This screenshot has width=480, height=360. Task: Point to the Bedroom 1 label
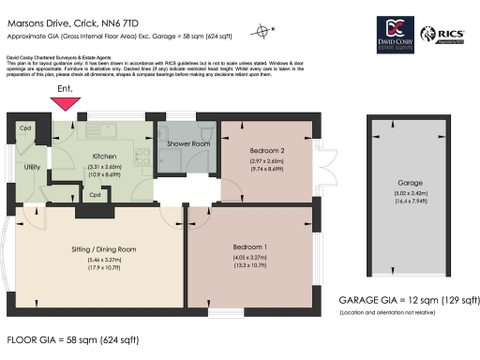(x=249, y=247)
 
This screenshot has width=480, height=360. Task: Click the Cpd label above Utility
(x=25, y=127)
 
